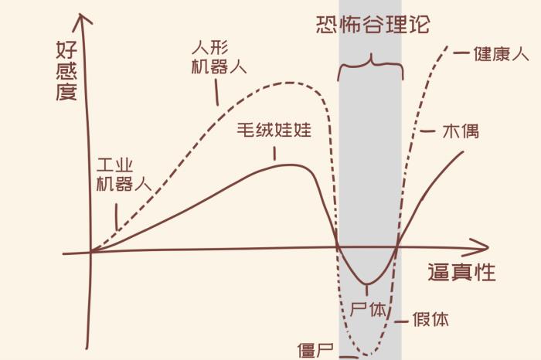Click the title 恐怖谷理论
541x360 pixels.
(x=373, y=24)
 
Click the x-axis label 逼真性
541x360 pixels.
(x=461, y=273)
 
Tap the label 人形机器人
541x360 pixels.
(x=218, y=56)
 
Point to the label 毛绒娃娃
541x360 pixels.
(x=274, y=130)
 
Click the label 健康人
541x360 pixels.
(x=501, y=54)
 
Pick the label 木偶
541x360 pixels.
(x=460, y=131)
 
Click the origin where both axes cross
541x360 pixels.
(x=91, y=251)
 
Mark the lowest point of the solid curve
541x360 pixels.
(x=366, y=284)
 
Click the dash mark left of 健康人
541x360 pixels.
(x=461, y=54)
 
